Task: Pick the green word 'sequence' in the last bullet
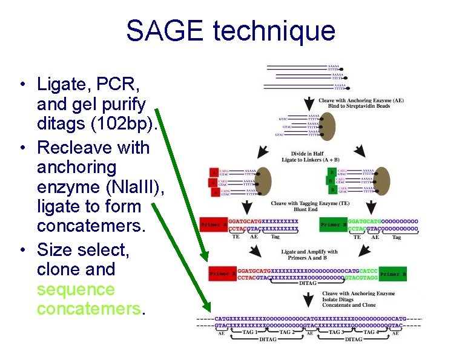click(x=75, y=289)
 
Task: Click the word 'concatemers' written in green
click(x=88, y=309)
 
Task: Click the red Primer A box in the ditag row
click(x=222, y=274)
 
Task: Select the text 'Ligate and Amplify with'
click(x=309, y=252)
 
